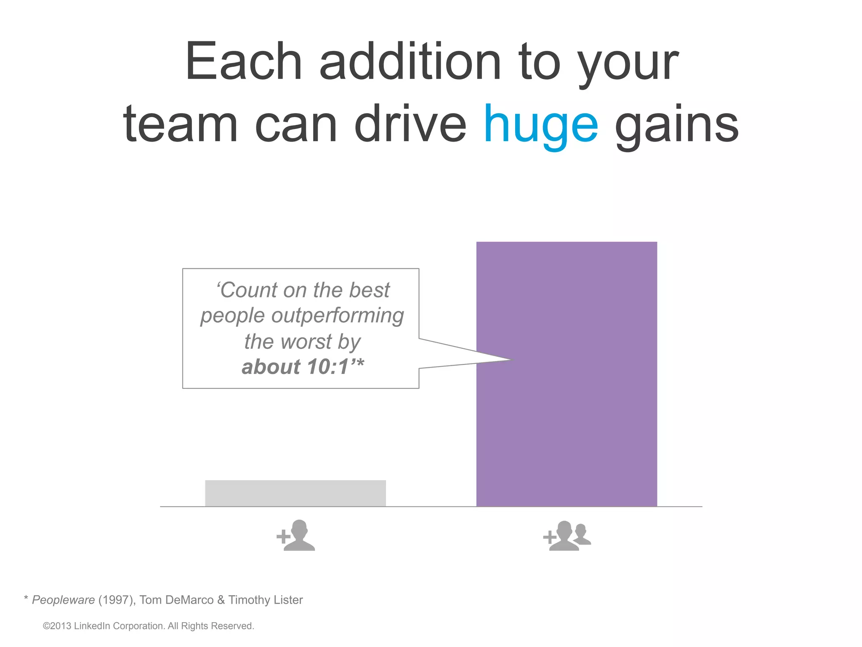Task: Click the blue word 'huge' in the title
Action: tap(541, 125)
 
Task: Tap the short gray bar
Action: tap(295, 493)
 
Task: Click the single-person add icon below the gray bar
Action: tap(296, 536)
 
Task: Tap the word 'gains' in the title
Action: tap(676, 125)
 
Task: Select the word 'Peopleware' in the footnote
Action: tap(64, 600)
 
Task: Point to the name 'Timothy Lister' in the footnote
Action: tap(266, 600)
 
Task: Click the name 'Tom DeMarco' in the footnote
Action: tap(176, 600)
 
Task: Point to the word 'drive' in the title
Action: tap(410, 125)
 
